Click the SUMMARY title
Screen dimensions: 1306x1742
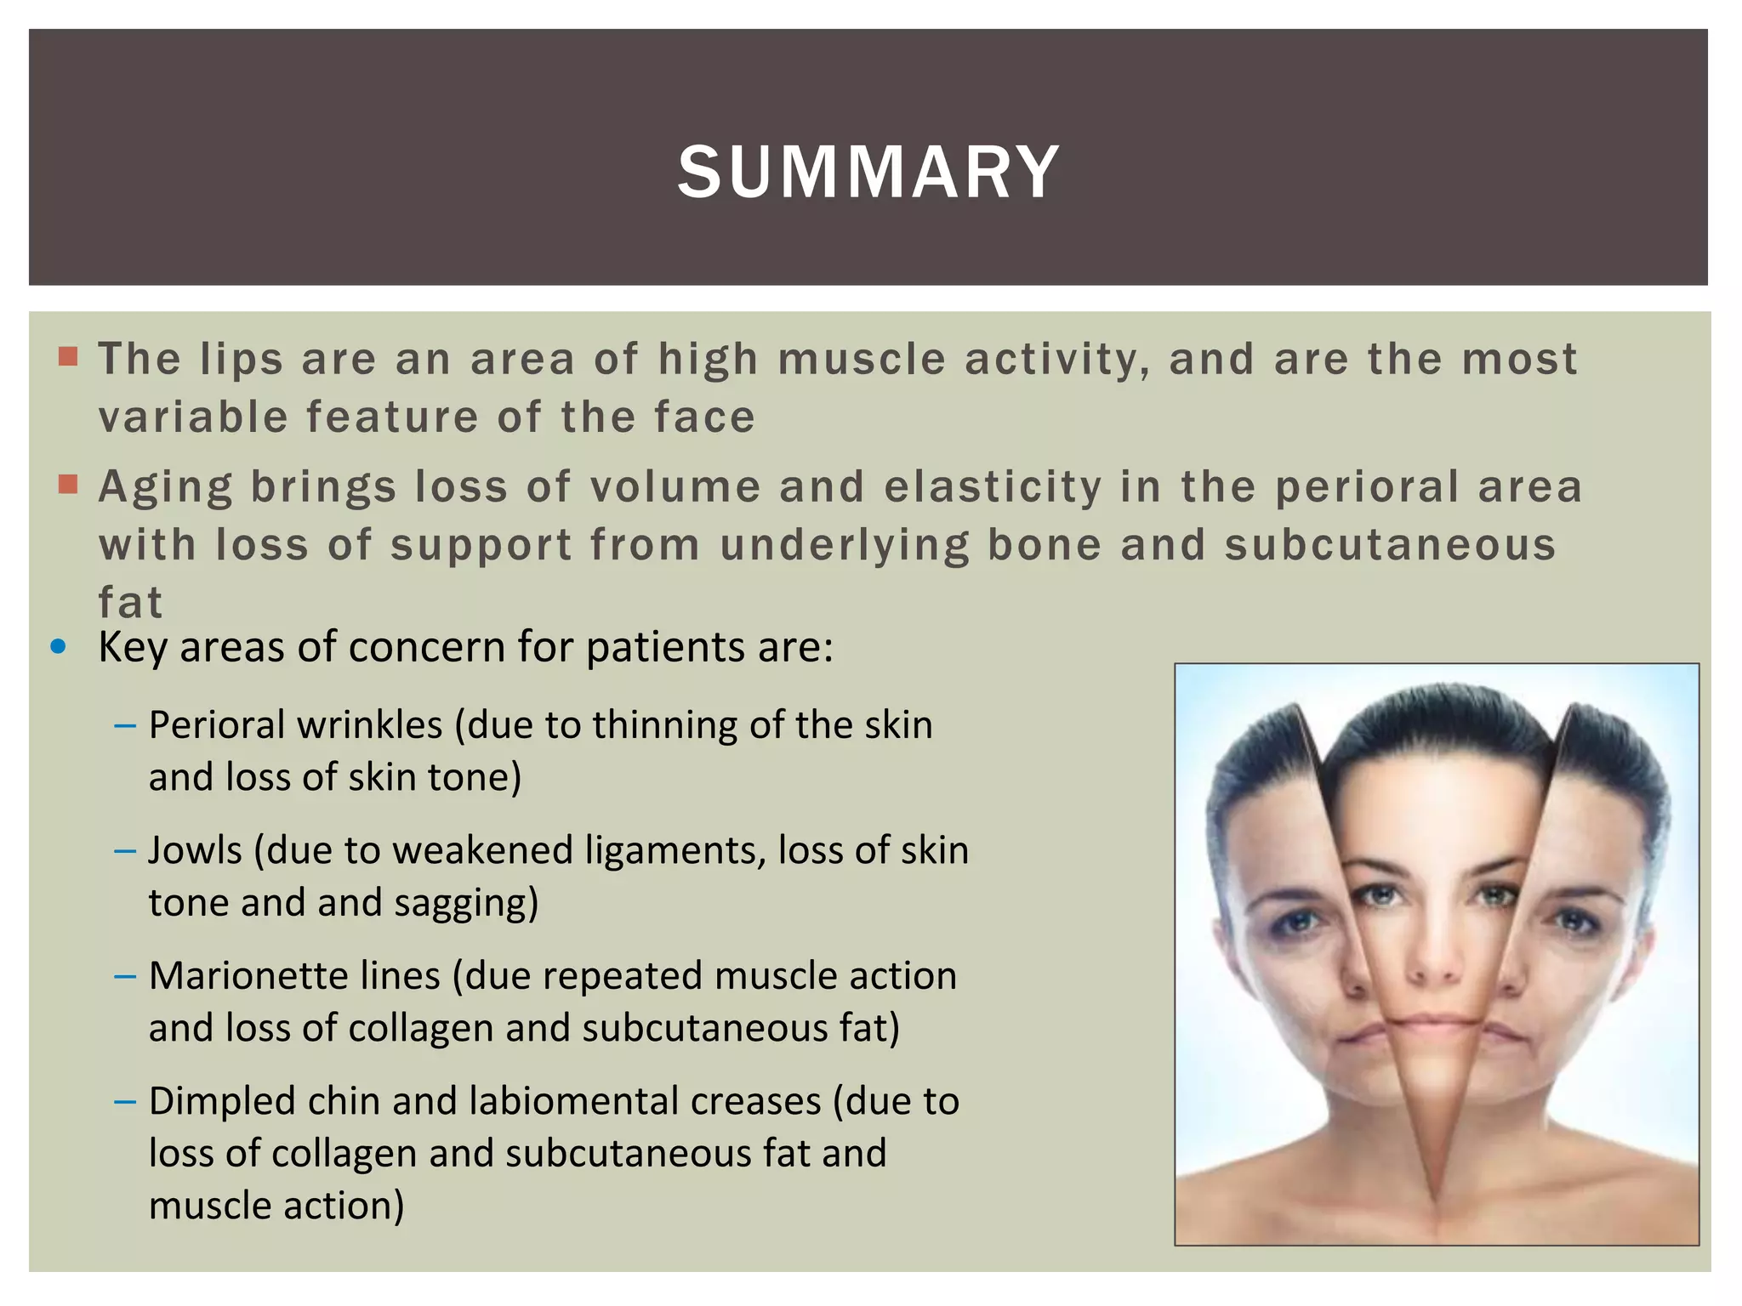coord(868,173)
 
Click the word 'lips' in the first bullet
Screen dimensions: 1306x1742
coord(242,359)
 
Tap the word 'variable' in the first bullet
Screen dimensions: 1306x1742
coord(192,417)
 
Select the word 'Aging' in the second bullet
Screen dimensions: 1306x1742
coord(165,488)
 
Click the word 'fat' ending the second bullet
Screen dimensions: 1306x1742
coord(129,603)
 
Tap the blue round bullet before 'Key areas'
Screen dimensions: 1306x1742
coord(59,647)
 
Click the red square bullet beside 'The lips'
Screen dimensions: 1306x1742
coord(68,356)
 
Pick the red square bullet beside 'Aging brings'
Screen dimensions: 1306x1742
coord(68,485)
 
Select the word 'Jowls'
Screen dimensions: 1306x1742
coord(195,850)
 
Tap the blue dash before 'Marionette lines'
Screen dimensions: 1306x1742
coord(124,976)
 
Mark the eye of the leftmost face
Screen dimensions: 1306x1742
coord(1295,920)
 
